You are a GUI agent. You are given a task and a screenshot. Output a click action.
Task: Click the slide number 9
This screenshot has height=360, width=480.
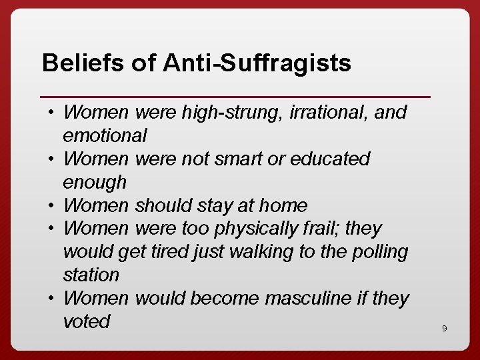pyautogui.click(x=444, y=328)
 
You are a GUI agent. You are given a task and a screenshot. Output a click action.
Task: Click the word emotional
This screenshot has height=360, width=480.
pyautogui.click(x=105, y=136)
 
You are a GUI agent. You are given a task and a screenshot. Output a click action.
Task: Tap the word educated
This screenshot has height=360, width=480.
pyautogui.click(x=330, y=159)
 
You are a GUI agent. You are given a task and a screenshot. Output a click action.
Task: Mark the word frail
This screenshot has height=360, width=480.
pyautogui.click(x=324, y=229)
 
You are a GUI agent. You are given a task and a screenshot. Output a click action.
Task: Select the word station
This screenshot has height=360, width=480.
pyautogui.click(x=91, y=275)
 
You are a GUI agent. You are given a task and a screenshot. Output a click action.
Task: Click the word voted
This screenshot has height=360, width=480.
pyautogui.click(x=86, y=321)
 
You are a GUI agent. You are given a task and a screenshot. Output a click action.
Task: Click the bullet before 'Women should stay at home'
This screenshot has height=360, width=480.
pyautogui.click(x=51, y=205)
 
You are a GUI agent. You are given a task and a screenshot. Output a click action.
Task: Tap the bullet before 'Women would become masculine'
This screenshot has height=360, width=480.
pyautogui.click(x=51, y=298)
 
